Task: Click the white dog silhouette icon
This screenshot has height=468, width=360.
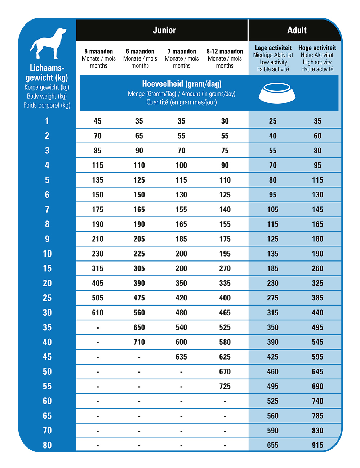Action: [x=48, y=44]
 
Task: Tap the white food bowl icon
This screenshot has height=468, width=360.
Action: [x=277, y=93]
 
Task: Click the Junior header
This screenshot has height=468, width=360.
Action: [x=164, y=30]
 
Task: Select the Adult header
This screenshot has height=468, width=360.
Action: [x=297, y=30]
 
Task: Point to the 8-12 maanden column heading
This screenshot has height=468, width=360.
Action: [x=225, y=52]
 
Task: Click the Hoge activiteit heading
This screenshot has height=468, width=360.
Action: [x=317, y=48]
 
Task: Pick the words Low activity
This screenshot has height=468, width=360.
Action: [x=273, y=62]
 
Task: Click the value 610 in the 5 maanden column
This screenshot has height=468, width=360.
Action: [x=98, y=313]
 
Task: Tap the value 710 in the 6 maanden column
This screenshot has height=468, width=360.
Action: [x=139, y=342]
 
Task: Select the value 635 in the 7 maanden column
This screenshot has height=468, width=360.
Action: [x=181, y=357]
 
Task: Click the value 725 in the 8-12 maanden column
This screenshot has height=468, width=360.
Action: [x=225, y=387]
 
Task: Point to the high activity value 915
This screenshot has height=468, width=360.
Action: [x=317, y=445]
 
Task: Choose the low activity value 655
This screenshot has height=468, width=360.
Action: [x=273, y=445]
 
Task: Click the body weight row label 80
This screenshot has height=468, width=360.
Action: [x=47, y=445]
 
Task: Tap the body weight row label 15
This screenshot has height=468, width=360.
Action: [x=47, y=268]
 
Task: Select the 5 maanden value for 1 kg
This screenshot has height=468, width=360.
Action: [x=98, y=121]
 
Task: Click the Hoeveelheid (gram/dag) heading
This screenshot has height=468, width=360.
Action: [x=182, y=84]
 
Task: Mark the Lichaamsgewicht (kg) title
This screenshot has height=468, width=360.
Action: [x=47, y=73]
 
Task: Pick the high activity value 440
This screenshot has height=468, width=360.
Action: [x=317, y=313]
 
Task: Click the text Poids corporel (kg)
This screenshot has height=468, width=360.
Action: [x=47, y=106]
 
